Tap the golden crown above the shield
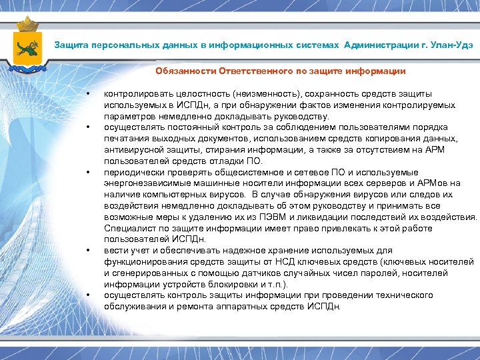point(27,25)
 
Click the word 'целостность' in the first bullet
point(186,94)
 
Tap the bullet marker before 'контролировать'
point(88,94)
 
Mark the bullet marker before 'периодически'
point(88,172)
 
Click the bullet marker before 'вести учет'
point(88,251)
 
